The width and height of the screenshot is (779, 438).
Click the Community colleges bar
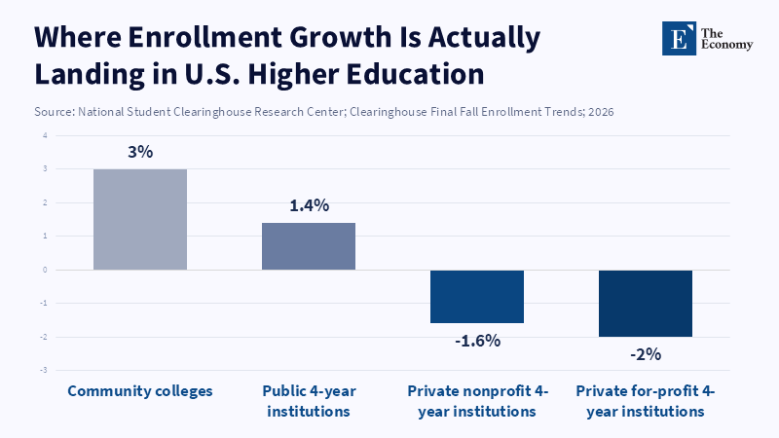(140, 219)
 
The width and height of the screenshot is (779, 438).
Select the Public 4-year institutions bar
(309, 246)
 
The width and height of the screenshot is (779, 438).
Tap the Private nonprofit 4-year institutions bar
(477, 296)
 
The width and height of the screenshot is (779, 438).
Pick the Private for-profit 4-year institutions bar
(646, 303)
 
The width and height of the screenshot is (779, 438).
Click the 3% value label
(140, 152)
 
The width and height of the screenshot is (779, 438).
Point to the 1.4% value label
(309, 205)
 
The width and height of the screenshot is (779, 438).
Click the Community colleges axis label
(140, 391)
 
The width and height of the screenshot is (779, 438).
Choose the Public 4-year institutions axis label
(309, 401)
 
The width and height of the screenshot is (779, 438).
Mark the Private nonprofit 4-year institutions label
(477, 401)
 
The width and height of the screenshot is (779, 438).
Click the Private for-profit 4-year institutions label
(646, 401)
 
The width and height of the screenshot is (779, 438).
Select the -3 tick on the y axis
(44, 371)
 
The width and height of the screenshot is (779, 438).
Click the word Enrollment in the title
(199, 38)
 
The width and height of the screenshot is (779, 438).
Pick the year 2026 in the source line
(598, 112)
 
